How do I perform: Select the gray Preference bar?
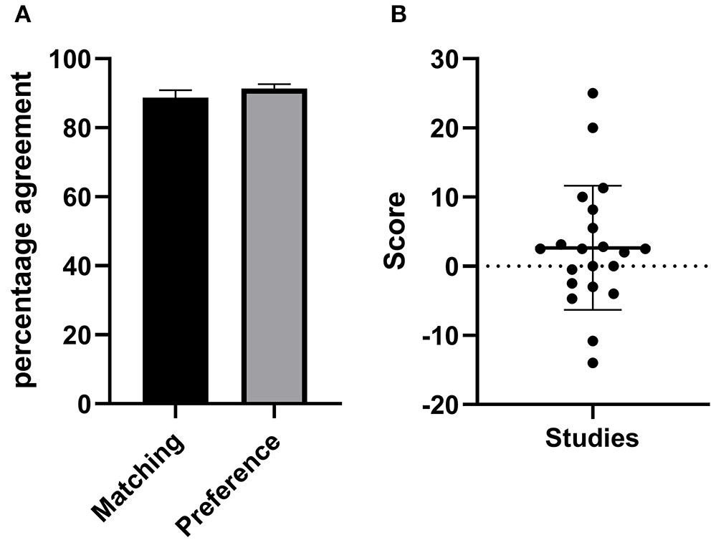pyautogui.click(x=275, y=247)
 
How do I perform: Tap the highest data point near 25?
pyautogui.click(x=593, y=93)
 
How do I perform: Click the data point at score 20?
pyautogui.click(x=593, y=127)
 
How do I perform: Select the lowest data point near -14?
pyautogui.click(x=593, y=362)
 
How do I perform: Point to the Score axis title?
pyautogui.click(x=395, y=231)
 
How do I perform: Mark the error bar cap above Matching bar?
pyautogui.click(x=176, y=90)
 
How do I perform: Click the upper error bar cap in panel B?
pyautogui.click(x=593, y=185)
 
